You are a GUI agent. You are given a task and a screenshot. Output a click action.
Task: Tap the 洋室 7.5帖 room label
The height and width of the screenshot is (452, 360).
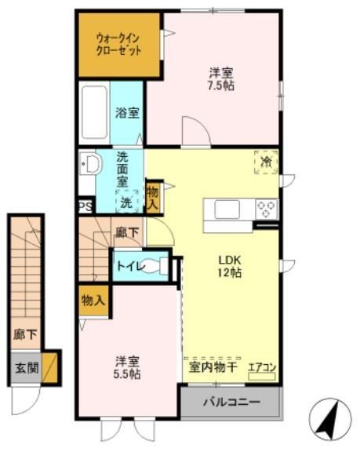click(220, 78)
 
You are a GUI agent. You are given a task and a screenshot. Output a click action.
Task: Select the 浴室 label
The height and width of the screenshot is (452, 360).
click(127, 112)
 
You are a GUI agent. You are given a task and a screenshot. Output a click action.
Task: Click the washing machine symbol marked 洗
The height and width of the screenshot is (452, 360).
click(126, 202)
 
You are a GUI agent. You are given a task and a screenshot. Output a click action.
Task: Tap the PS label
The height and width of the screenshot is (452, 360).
click(85, 207)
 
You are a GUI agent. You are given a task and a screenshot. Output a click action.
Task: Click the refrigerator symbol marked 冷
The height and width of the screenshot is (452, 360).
click(266, 162)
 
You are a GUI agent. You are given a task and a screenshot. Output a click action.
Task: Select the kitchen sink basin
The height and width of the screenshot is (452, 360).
click(226, 210)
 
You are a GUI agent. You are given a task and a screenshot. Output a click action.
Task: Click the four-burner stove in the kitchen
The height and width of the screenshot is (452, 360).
click(267, 210)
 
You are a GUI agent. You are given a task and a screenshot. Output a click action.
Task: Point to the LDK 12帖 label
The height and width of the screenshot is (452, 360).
click(230, 267)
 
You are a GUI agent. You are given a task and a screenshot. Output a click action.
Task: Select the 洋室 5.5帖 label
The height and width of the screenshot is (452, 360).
click(128, 367)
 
